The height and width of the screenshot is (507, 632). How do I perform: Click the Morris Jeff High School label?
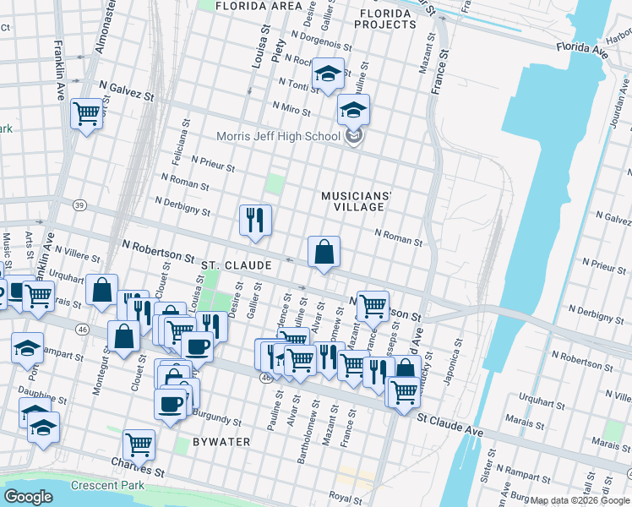click(278, 136)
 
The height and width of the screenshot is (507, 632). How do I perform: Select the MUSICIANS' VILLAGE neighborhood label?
click(357, 202)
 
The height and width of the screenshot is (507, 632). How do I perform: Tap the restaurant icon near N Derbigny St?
click(254, 220)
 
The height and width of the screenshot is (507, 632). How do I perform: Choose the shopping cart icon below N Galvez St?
click(86, 112)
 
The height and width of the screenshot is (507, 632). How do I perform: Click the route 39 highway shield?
click(79, 205)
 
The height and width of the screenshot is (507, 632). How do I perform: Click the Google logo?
click(29, 497)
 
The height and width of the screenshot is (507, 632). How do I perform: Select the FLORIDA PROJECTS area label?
click(387, 19)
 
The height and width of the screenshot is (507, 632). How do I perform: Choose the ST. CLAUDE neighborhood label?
click(236, 265)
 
